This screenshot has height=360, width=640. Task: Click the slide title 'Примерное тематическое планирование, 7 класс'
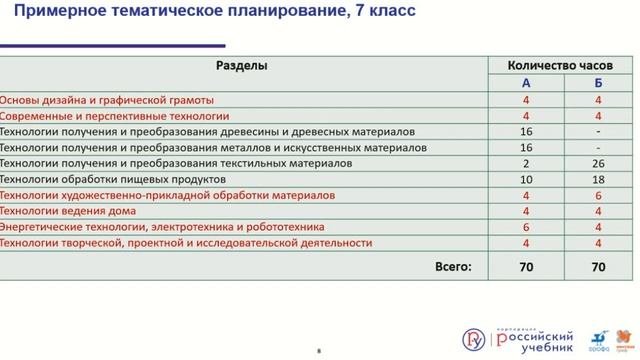[209, 13]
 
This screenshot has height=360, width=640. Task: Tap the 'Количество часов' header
[547, 66]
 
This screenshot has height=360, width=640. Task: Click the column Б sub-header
[597, 83]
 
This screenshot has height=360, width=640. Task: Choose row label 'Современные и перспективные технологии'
[108, 116]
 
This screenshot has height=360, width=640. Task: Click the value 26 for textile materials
[597, 163]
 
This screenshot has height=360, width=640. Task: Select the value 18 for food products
[597, 179]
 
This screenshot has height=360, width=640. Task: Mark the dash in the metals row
[597, 147]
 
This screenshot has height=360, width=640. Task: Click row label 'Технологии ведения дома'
[68, 211]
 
